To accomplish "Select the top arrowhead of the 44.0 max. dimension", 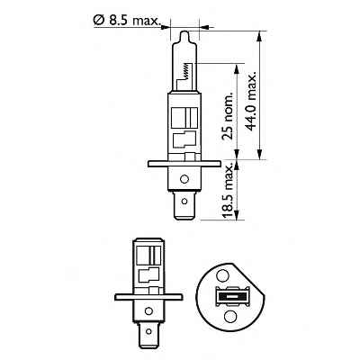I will [258, 33].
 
